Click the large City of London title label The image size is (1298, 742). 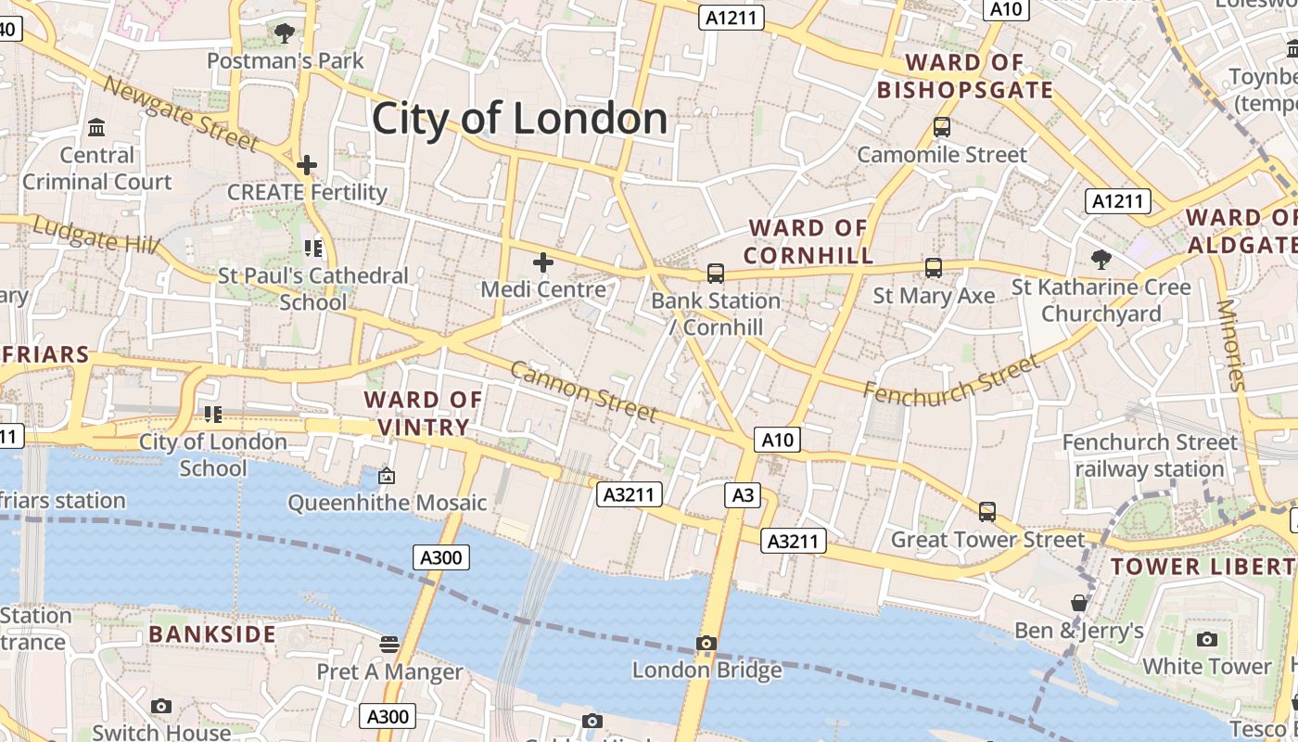[519, 119]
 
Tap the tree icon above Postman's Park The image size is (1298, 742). [285, 34]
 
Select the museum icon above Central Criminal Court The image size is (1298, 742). [96, 127]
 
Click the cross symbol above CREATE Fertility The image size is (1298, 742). [307, 166]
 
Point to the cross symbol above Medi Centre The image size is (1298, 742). [543, 262]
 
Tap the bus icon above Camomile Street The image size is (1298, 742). [942, 127]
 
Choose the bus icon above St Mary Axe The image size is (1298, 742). [934, 268]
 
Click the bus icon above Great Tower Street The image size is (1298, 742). [987, 512]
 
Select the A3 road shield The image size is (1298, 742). [744, 495]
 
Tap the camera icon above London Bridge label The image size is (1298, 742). [706, 643]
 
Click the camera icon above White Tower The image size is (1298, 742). [1207, 639]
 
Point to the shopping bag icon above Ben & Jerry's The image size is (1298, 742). [1079, 604]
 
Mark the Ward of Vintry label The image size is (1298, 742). [423, 414]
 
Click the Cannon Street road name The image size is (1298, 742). [584, 390]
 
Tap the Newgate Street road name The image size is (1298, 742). [180, 113]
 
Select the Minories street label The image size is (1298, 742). [1232, 344]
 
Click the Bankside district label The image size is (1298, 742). [212, 634]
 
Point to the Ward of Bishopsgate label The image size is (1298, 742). [965, 76]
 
